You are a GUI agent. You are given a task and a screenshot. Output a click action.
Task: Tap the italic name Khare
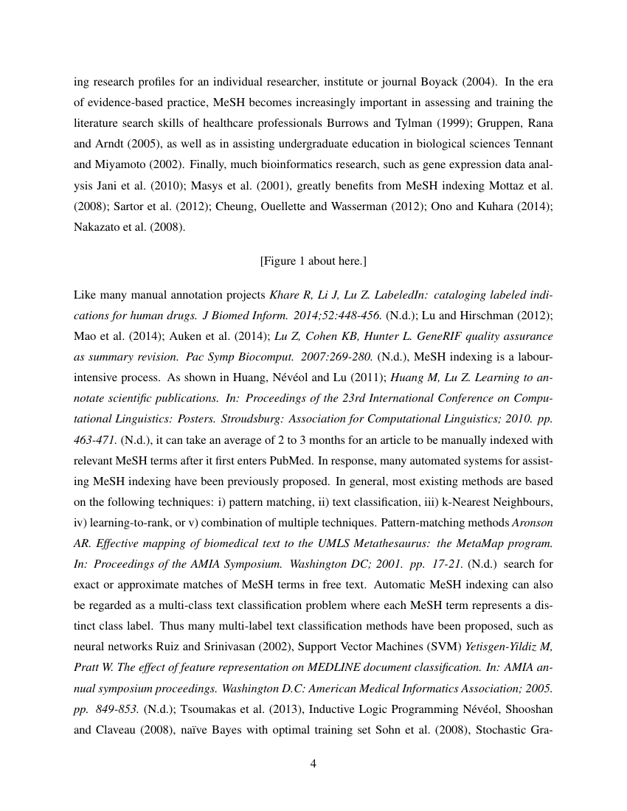tap(285, 295)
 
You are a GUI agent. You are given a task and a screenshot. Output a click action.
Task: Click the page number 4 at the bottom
tap(313, 763)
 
